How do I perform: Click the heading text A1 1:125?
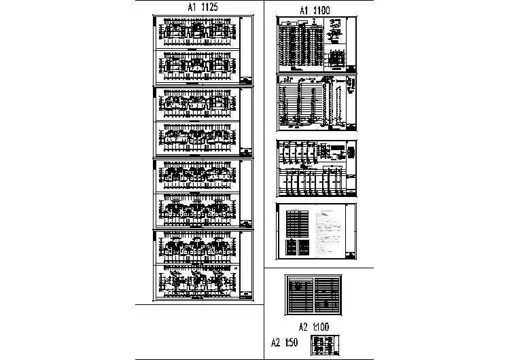pos(202,7)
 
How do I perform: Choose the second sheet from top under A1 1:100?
pos(317,103)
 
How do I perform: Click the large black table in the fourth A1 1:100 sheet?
pos(298,222)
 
